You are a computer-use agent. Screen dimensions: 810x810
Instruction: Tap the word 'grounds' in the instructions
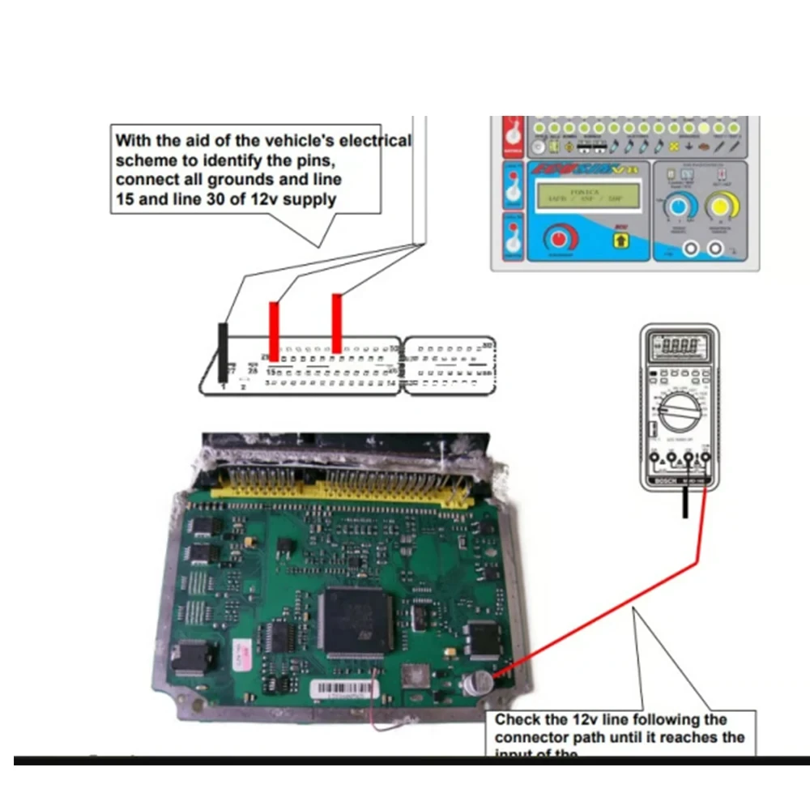(236, 179)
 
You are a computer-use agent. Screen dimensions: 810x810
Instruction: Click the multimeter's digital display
(679, 346)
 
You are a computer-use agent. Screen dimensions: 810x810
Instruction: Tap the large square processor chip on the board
(356, 620)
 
